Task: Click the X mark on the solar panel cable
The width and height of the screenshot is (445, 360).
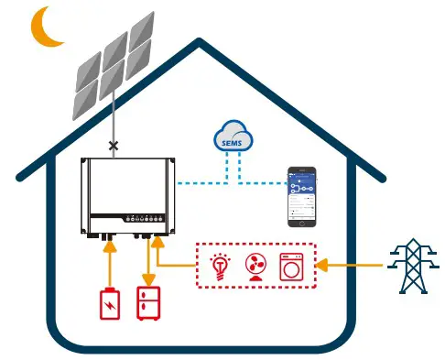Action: tap(114, 145)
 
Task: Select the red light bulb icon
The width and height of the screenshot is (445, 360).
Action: tap(220, 267)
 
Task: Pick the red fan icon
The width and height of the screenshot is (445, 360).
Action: tap(257, 267)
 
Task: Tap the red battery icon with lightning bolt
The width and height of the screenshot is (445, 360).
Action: tap(109, 301)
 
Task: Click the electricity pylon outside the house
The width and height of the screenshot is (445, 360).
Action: tap(407, 265)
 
